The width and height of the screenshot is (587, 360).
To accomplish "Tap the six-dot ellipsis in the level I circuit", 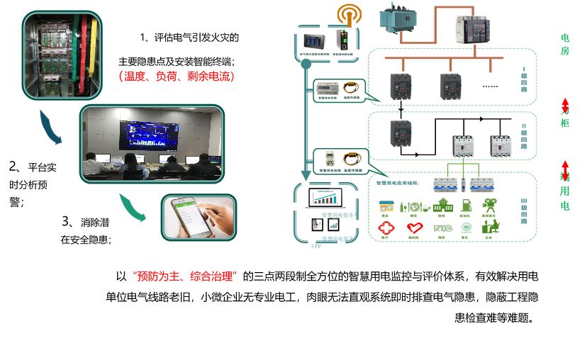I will pos(490,84).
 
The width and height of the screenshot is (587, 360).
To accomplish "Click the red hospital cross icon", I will pos(386,227).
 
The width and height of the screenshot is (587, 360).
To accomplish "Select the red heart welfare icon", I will pos(414,227).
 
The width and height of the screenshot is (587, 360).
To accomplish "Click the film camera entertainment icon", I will pos(488,204).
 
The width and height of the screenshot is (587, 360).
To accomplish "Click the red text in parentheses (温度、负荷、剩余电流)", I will pos(176,76).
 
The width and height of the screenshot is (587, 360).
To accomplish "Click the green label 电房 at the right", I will pos(565,44).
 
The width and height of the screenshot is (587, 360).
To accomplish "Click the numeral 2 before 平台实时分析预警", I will pos(13,167).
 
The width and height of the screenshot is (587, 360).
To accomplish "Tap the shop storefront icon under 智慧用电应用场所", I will pos(386,205).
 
